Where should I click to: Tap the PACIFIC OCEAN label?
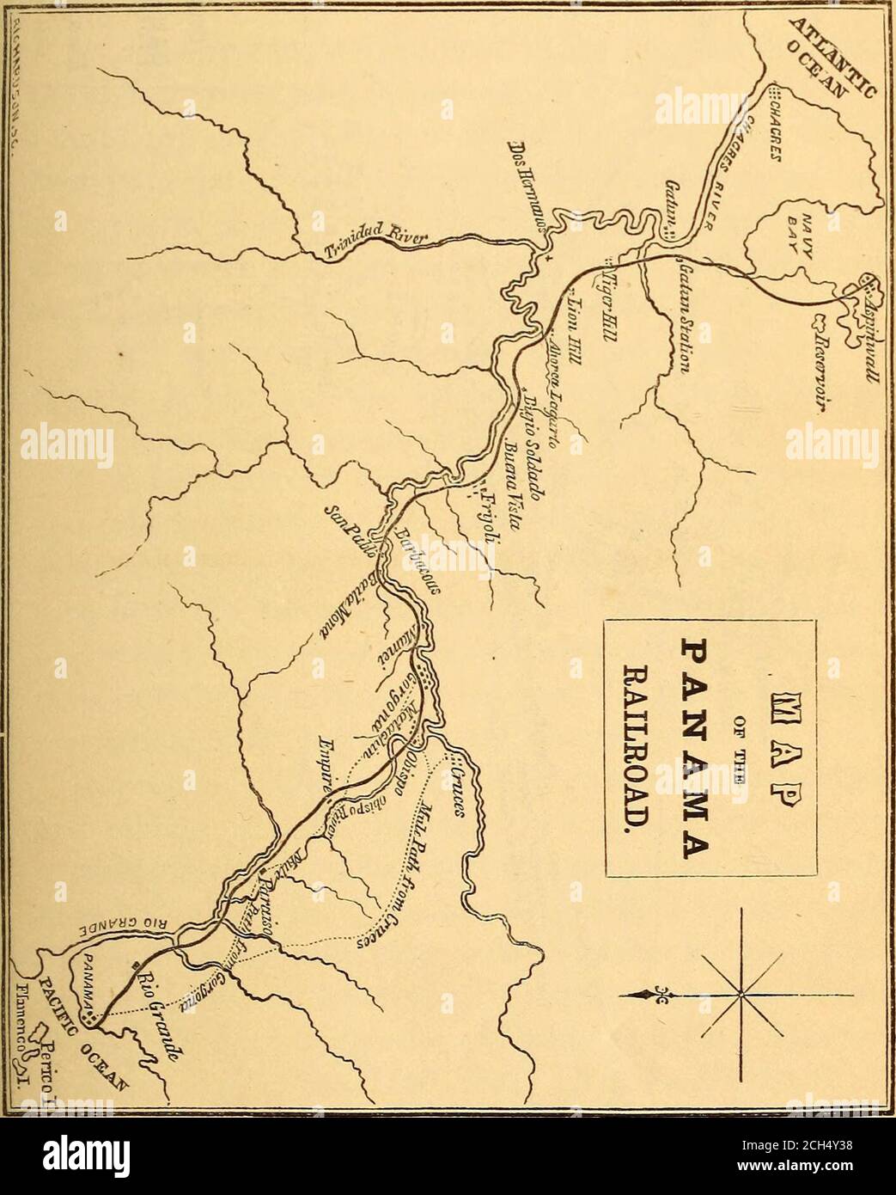tap(103, 1045)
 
